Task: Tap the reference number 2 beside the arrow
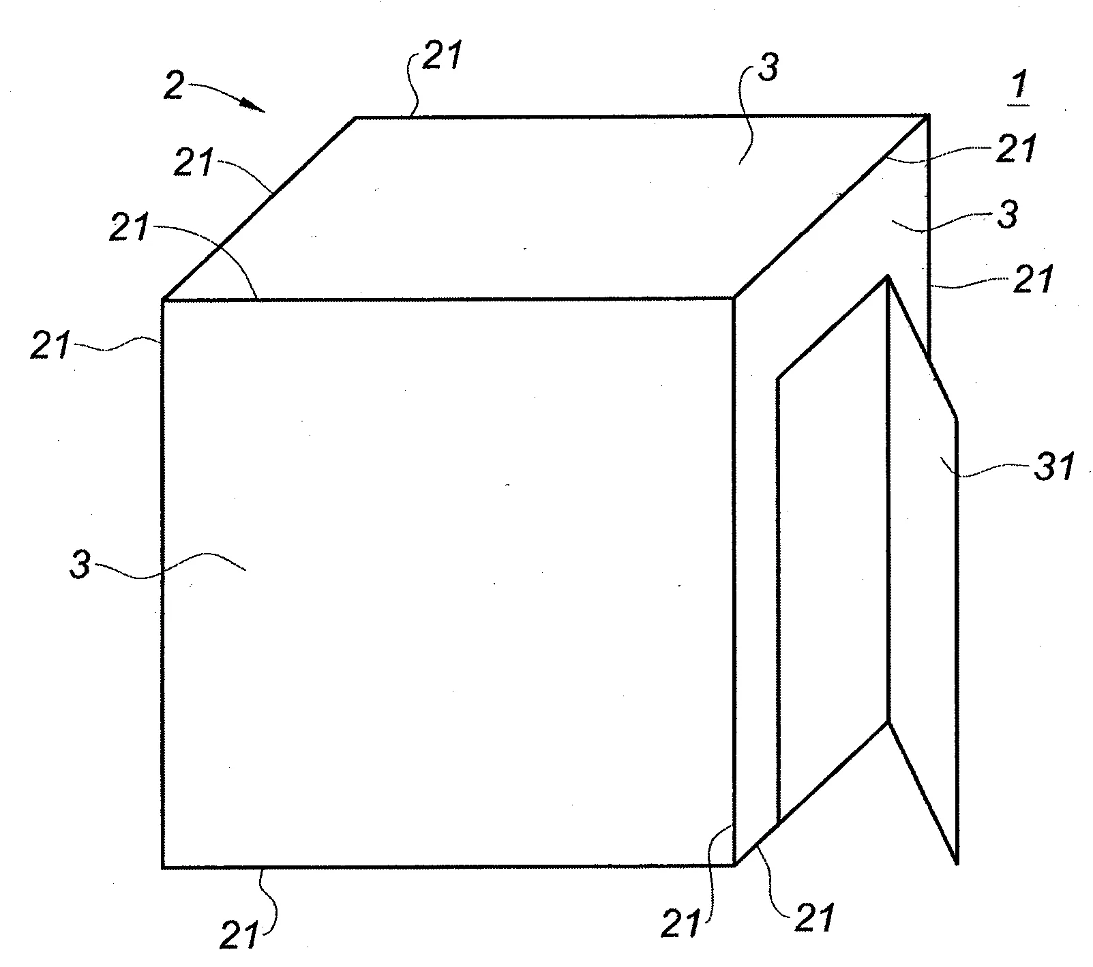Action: click(174, 87)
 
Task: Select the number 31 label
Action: click(1055, 468)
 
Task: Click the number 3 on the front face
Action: click(80, 566)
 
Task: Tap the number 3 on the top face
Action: click(768, 70)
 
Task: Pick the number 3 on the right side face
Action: click(1007, 214)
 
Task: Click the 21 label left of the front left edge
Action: click(49, 346)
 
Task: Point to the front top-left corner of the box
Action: click(163, 299)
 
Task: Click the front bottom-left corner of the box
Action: click(163, 867)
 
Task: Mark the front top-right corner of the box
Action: click(734, 298)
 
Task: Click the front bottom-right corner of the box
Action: click(735, 866)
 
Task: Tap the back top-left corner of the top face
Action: click(356, 118)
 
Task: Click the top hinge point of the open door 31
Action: click(888, 276)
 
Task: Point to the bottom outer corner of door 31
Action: click(957, 864)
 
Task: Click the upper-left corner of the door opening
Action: click(778, 377)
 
